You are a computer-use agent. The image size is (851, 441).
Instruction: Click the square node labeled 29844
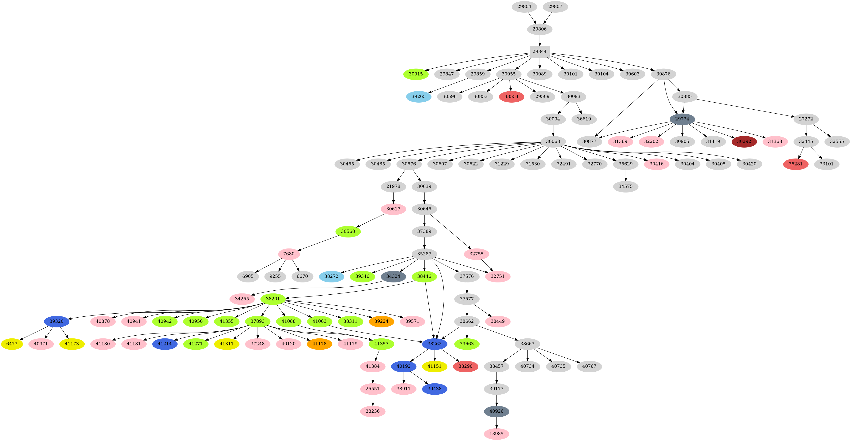click(x=540, y=52)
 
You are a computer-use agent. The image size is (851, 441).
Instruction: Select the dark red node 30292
click(x=744, y=141)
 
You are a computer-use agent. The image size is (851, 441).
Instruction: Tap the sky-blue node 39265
click(x=419, y=97)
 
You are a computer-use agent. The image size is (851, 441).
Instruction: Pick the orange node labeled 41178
click(x=319, y=344)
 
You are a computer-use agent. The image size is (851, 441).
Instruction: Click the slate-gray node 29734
click(x=682, y=119)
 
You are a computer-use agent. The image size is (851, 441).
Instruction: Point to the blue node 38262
click(x=435, y=344)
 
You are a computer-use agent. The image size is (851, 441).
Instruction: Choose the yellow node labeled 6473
click(x=12, y=344)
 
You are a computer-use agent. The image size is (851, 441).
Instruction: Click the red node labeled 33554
click(x=511, y=97)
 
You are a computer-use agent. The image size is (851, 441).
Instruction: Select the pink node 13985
click(x=496, y=434)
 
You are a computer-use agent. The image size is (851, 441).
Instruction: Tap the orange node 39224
click(x=381, y=322)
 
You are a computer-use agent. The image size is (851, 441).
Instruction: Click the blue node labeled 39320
click(x=57, y=322)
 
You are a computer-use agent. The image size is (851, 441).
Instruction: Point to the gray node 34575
click(x=625, y=187)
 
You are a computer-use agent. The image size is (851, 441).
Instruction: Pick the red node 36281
click(x=795, y=164)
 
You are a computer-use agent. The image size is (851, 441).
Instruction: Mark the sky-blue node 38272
click(x=331, y=276)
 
